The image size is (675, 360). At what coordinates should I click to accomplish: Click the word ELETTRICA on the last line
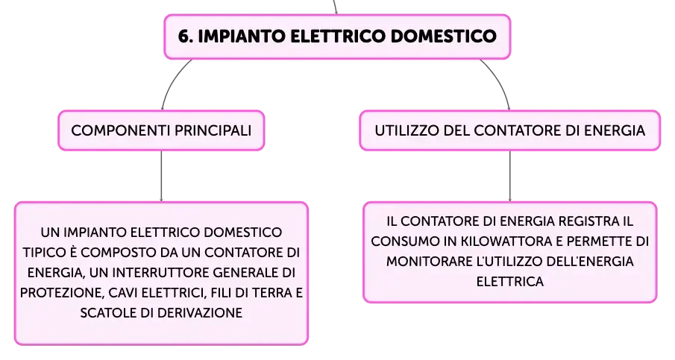pyautogui.click(x=510, y=282)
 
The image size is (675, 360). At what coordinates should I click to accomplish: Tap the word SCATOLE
pyautogui.click(x=108, y=313)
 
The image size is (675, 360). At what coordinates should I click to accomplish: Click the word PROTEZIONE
pyautogui.click(x=62, y=292)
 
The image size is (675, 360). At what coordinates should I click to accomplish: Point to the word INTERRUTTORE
pyautogui.click(x=163, y=272)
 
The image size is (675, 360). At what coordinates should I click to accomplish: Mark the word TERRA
pyautogui.click(x=271, y=292)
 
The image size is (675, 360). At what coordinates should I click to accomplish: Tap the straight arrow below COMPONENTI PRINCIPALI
pyautogui.click(x=161, y=176)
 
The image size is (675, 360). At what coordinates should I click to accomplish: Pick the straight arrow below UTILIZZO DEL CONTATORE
pyautogui.click(x=510, y=176)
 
